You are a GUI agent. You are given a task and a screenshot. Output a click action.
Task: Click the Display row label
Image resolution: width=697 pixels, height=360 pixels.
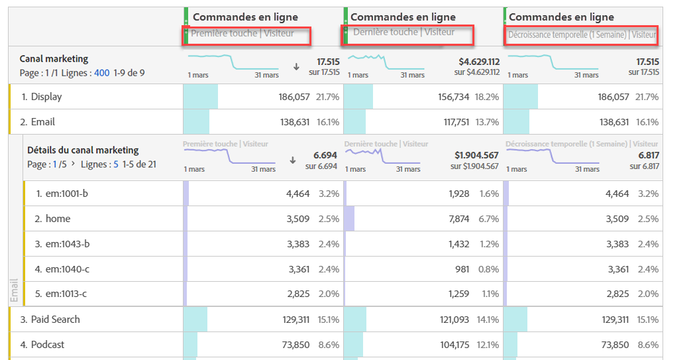coord(46,97)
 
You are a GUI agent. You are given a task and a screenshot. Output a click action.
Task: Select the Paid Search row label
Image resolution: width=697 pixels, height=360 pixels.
coord(56,320)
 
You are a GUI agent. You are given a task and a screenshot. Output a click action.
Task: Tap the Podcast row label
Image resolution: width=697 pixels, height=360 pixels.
coord(47,345)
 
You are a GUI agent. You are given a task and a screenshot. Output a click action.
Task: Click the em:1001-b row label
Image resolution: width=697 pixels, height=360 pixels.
coord(67,194)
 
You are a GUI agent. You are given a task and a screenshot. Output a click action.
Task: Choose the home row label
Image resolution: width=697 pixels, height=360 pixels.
coord(58,219)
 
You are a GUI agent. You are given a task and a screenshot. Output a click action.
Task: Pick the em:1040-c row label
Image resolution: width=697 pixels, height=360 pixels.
coord(67,269)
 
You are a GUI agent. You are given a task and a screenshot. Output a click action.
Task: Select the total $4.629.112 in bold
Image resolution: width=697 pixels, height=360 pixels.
coord(476,62)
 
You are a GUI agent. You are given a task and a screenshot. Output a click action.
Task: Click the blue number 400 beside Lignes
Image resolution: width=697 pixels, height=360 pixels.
coord(101,73)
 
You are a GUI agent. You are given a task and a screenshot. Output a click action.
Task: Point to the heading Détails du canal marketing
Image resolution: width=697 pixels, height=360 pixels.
coord(83,150)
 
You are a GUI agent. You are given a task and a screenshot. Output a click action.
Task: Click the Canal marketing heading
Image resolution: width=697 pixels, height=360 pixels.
coord(54,59)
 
